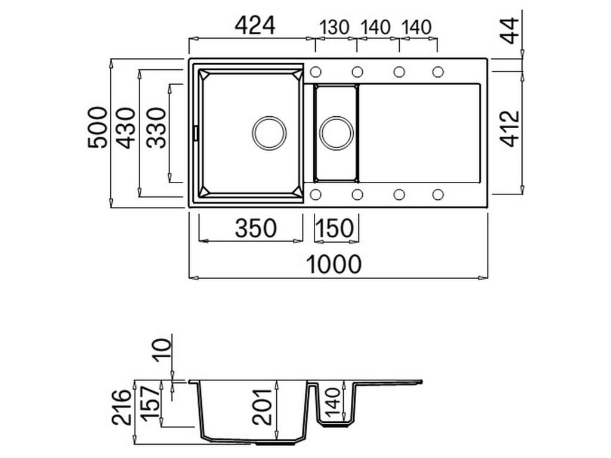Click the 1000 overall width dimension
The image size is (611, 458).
click(x=334, y=264)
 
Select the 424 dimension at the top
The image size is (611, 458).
click(x=255, y=25)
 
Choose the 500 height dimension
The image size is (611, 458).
click(x=98, y=128)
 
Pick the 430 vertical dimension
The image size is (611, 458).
click(x=126, y=128)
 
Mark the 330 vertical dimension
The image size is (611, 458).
click(x=156, y=128)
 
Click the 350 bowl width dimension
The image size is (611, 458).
click(x=256, y=228)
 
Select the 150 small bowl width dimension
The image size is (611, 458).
click(x=337, y=228)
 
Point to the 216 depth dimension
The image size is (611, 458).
click(x=121, y=407)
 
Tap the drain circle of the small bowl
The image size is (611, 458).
click(x=337, y=132)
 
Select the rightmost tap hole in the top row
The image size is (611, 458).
click(x=438, y=72)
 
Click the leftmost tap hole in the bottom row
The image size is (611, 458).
click(x=316, y=194)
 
